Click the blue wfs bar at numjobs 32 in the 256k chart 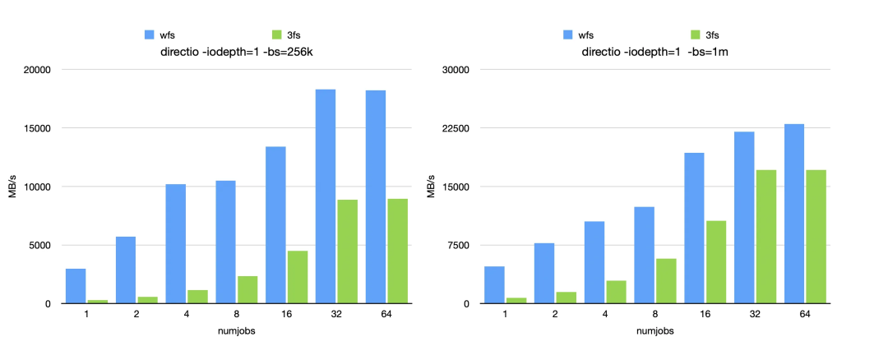pos(326,196)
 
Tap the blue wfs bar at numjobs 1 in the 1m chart pos(494,285)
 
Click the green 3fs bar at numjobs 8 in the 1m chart pos(665,281)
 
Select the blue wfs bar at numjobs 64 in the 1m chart pos(793,214)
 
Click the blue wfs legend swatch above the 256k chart pos(150,35)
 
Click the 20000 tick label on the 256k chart pos(36,70)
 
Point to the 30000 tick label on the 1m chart pos(455,70)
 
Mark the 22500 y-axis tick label pos(455,129)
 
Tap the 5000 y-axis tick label pos(39,246)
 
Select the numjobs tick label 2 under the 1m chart pos(555,314)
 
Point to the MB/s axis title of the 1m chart pos(431,187)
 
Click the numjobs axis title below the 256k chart pos(234,331)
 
